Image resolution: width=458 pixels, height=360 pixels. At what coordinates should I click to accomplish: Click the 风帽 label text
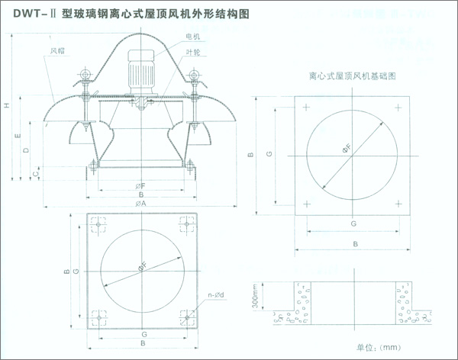pos(58,51)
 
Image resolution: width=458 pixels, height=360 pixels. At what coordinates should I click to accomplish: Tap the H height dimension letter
pos(7,105)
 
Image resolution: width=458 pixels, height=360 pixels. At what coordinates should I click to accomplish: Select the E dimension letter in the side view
pos(18,134)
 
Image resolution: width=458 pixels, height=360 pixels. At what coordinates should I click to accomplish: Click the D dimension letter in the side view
pos(27,151)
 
